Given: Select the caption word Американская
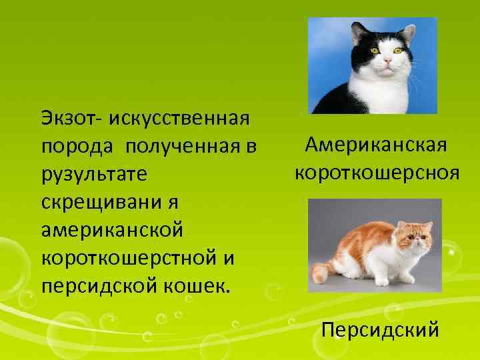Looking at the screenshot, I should tap(376, 145).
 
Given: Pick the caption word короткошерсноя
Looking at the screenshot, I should tap(377, 173).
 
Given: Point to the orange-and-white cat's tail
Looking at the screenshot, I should tap(322, 269).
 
